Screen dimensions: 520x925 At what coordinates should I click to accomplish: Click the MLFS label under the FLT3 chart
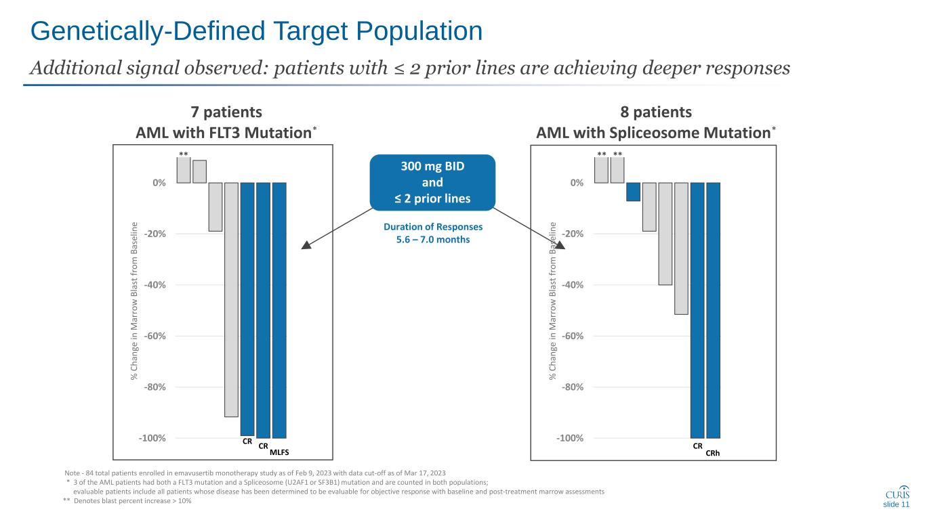point(280,452)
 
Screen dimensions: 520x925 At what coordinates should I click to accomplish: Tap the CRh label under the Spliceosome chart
point(713,453)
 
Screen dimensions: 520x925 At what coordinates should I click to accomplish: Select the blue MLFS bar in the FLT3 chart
point(279,310)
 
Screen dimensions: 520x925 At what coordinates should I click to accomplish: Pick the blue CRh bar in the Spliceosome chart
point(713,310)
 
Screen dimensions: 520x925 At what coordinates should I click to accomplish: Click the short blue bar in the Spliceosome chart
point(633,192)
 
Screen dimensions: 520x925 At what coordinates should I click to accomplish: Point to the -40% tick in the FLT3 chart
point(156,285)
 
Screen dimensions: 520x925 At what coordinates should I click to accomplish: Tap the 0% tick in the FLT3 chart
point(160,183)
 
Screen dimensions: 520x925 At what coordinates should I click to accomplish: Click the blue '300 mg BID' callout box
point(433,182)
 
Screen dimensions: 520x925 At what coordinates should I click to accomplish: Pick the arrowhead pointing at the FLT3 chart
point(306,246)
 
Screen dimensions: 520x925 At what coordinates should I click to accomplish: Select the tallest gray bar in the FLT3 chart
point(231,299)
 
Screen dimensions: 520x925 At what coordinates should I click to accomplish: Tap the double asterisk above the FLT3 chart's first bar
point(183,154)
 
